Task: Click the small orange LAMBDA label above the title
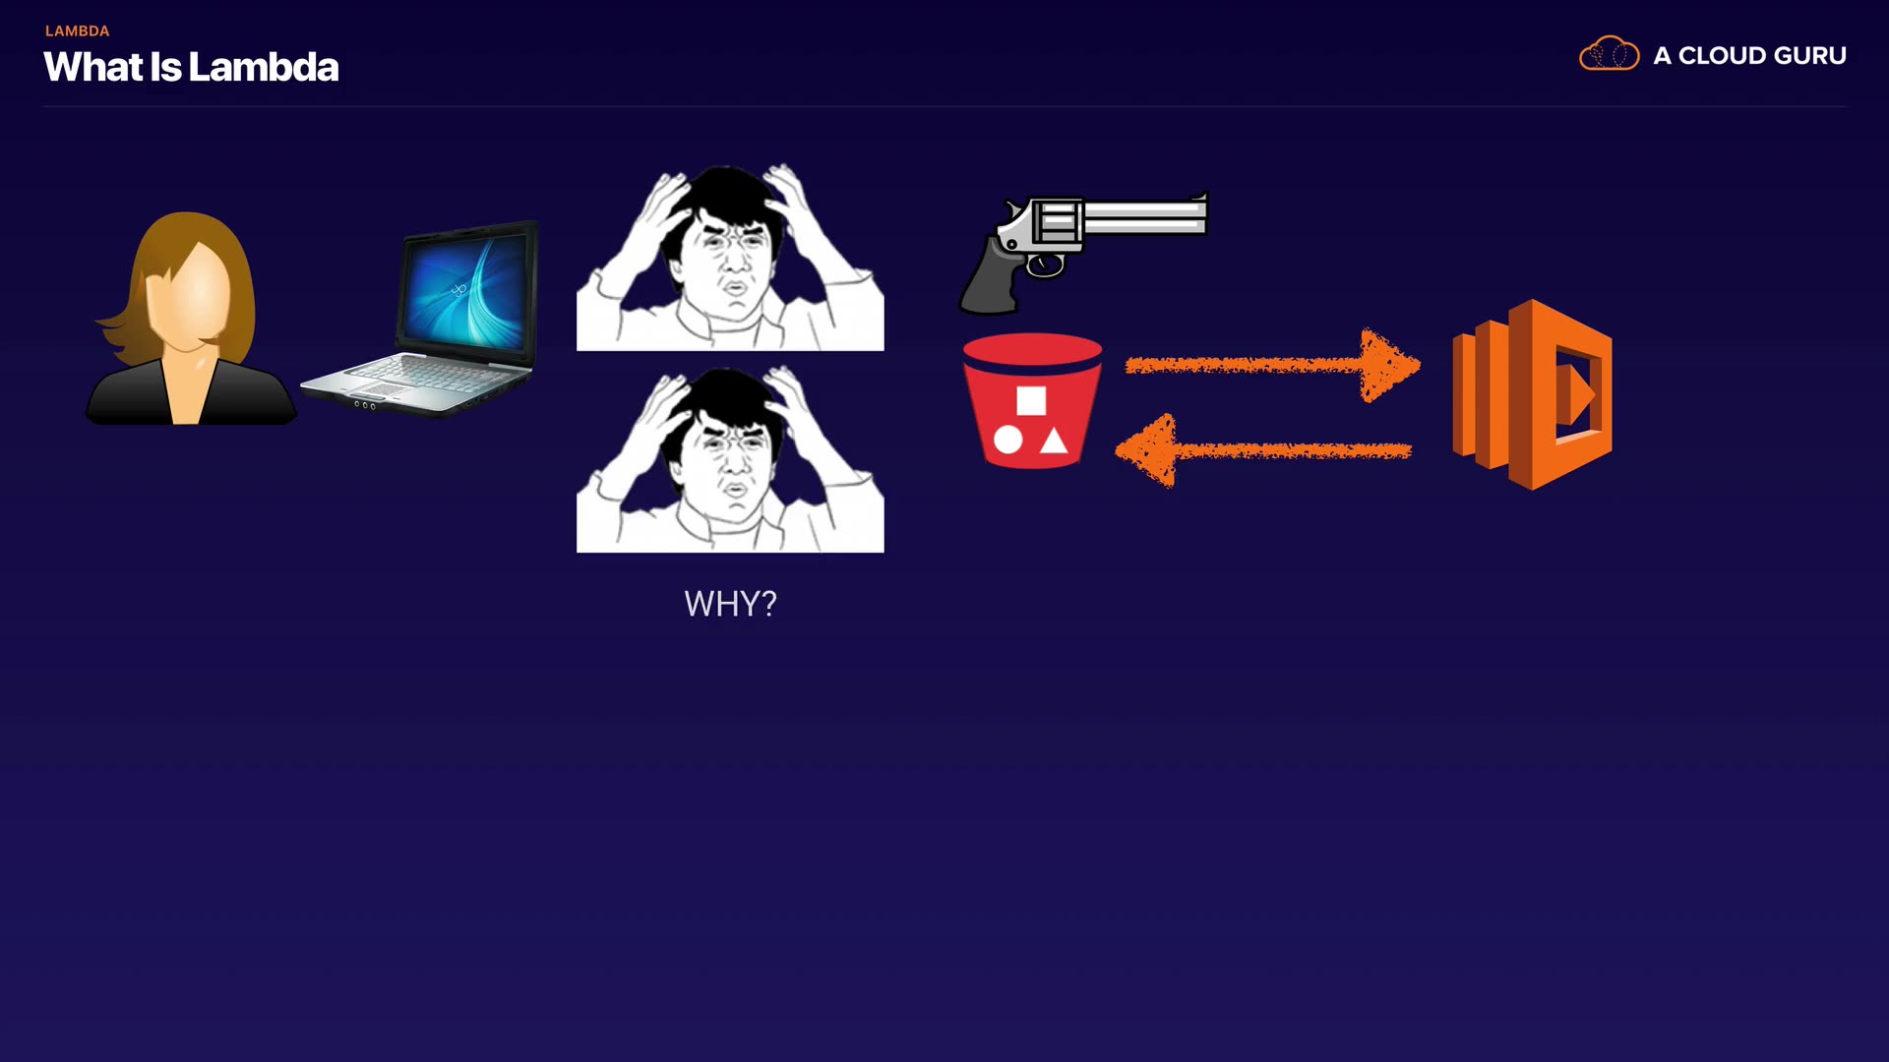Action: (77, 31)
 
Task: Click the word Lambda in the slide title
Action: (263, 67)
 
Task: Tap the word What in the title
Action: (92, 67)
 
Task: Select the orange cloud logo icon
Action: (1609, 54)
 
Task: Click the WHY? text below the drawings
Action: (730, 604)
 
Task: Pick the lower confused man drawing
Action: (730, 460)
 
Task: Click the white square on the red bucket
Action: (1031, 400)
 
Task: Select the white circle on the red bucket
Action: (1007, 440)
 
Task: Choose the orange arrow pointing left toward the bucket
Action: (1263, 451)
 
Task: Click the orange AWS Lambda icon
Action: (1532, 394)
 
